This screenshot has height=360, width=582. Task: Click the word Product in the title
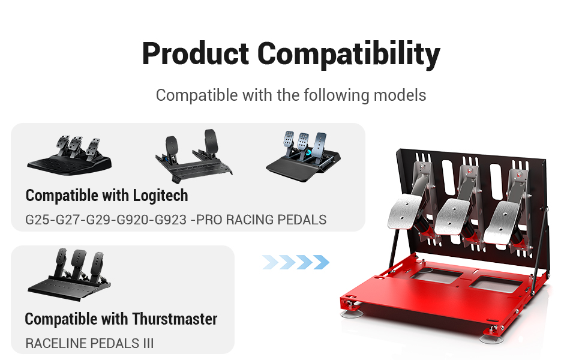[195, 53]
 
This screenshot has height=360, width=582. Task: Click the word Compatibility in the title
[349, 55]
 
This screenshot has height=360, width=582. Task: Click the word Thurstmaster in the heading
[175, 319]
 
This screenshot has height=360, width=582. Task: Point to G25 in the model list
[37, 220]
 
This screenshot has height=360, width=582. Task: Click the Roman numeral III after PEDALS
[148, 343]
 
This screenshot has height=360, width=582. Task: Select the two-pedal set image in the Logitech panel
[193, 155]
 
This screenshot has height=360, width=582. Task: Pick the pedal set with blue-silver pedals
[303, 156]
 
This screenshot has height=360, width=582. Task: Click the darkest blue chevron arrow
[320, 262]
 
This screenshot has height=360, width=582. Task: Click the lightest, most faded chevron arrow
[270, 262]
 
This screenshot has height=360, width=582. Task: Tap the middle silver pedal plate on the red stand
[454, 217]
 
